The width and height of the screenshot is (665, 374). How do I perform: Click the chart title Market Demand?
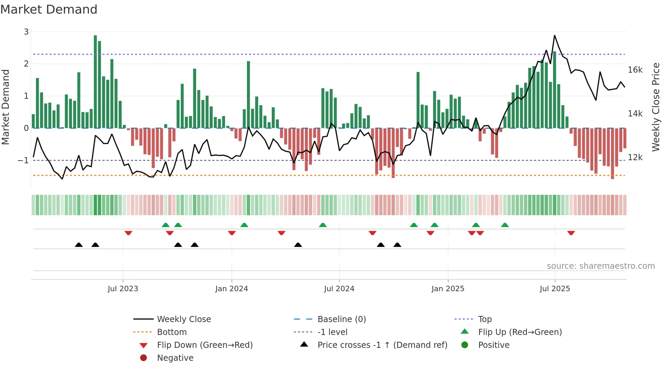pos(49,10)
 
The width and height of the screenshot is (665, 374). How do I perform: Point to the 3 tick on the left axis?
pos(26,32)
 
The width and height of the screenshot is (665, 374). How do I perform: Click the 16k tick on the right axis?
pos(635,70)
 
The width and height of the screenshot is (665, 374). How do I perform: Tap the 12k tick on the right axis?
pos(635,157)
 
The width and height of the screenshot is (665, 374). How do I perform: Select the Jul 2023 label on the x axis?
pos(123,289)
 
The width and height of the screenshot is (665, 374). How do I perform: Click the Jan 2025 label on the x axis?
pos(448,289)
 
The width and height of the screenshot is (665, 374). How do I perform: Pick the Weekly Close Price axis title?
pos(656,107)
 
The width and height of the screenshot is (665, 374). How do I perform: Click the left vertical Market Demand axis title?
pos(6,107)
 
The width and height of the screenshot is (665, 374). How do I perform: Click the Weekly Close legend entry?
pos(184,319)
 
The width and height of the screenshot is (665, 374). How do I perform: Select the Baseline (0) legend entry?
pos(341,319)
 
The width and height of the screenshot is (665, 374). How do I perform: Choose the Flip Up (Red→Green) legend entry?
pos(519,332)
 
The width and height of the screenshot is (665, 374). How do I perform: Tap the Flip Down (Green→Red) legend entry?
pos(205,345)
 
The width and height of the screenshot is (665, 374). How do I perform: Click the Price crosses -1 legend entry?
pos(382,345)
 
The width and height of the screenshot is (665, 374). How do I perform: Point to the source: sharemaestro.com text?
pos(601,266)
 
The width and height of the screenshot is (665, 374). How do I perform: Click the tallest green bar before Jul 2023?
pos(95,81)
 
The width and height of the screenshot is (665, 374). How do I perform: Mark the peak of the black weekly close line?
pos(555,36)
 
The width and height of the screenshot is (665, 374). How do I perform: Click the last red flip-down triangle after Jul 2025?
pos(571,233)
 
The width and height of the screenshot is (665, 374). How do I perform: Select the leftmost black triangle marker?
pos(79,245)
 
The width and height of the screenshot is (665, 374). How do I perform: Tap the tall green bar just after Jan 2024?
pos(248,94)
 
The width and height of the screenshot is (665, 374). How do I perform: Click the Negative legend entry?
pos(175,358)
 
